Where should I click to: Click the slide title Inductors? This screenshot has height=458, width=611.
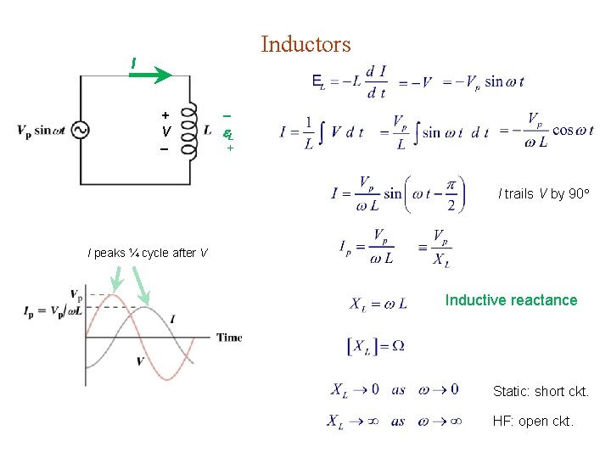pyautogui.click(x=305, y=43)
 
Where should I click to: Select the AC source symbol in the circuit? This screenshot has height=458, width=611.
pyautogui.click(x=81, y=130)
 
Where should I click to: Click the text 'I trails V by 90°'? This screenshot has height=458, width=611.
pyautogui.click(x=544, y=194)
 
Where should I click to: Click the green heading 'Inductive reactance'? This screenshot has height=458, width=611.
pyautogui.click(x=511, y=300)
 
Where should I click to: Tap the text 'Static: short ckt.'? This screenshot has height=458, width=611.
pyautogui.click(x=541, y=392)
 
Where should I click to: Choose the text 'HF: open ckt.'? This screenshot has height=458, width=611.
pyautogui.click(x=533, y=421)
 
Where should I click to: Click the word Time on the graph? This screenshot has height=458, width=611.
pyautogui.click(x=229, y=338)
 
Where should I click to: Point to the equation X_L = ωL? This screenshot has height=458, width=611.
pyautogui.click(x=378, y=303)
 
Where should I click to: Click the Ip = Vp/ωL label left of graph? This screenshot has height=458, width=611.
pyautogui.click(x=53, y=310)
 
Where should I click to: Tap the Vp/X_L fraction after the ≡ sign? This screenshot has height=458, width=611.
pyautogui.click(x=441, y=249)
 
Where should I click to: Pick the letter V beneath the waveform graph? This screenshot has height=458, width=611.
pyautogui.click(x=140, y=362)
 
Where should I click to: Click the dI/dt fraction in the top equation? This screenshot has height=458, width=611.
pyautogui.click(x=376, y=82)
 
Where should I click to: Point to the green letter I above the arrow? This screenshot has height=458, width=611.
pyautogui.click(x=132, y=63)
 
